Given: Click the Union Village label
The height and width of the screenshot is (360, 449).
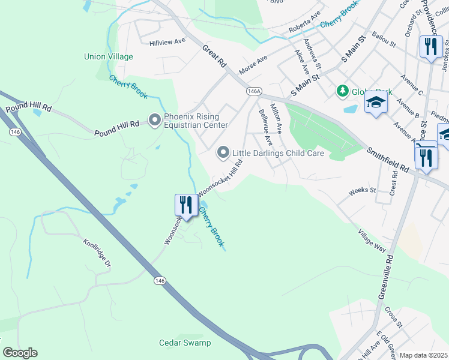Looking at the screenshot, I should pos(108,57).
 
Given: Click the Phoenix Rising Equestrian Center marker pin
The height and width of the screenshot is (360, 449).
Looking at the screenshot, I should pos(155,121).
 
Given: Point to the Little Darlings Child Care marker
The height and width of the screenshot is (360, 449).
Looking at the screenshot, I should pos(223,153).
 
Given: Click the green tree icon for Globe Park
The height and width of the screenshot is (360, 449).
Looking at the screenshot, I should pos(342,91).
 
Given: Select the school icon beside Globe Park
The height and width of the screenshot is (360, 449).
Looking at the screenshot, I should pos(376,103).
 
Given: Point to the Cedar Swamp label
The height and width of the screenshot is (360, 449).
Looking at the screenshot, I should pos(185,343).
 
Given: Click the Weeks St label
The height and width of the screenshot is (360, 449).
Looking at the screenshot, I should pos(363,190).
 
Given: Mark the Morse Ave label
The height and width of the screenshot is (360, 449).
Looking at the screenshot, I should pos(253,63).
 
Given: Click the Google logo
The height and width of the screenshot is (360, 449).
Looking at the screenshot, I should pos(20,353).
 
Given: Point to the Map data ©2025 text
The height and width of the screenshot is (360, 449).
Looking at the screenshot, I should pos(423,355).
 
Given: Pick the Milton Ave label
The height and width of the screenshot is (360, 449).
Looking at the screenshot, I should pos(276,119).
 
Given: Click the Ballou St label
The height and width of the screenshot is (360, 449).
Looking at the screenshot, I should pos(384,40).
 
